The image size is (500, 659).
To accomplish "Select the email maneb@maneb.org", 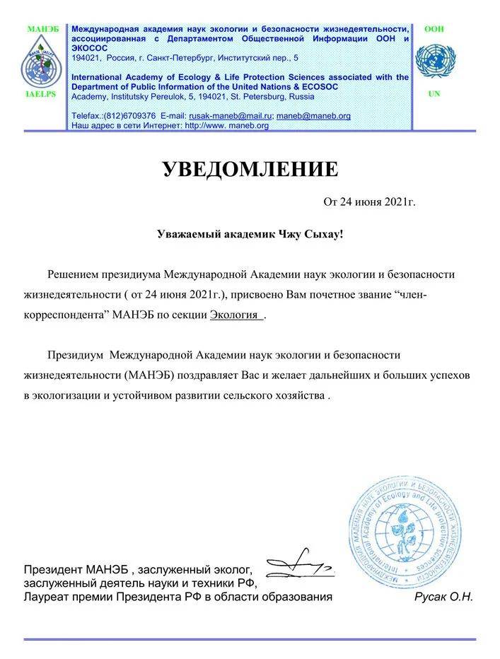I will point(313,115).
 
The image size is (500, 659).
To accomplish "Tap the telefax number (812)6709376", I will point(129,115).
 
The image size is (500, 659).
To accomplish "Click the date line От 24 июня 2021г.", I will point(369,202).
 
